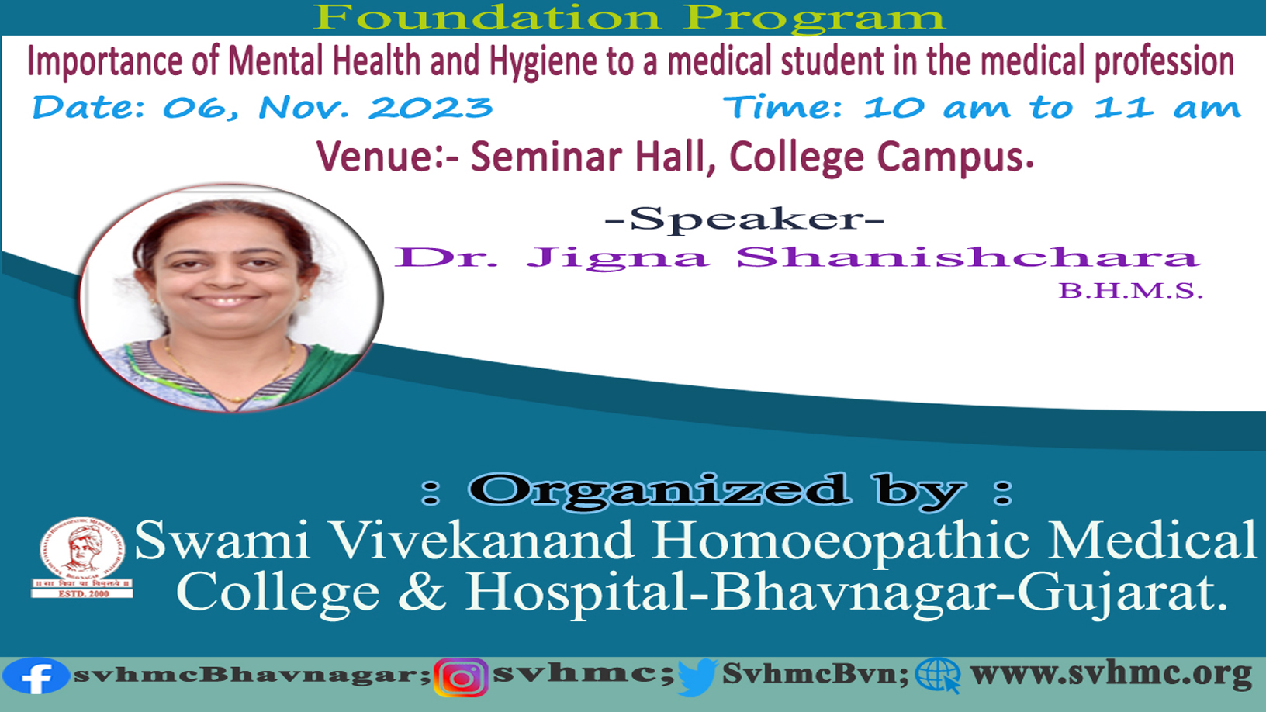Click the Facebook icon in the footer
point(36,676)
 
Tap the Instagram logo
point(462,678)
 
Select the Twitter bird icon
point(697,678)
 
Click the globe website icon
point(938,676)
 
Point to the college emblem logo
point(82,557)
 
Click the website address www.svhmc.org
point(1111,674)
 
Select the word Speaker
point(745,219)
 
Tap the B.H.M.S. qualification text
point(1130,290)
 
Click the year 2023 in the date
point(430,107)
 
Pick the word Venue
point(374,156)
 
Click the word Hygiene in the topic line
point(543,61)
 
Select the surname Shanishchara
point(967,257)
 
